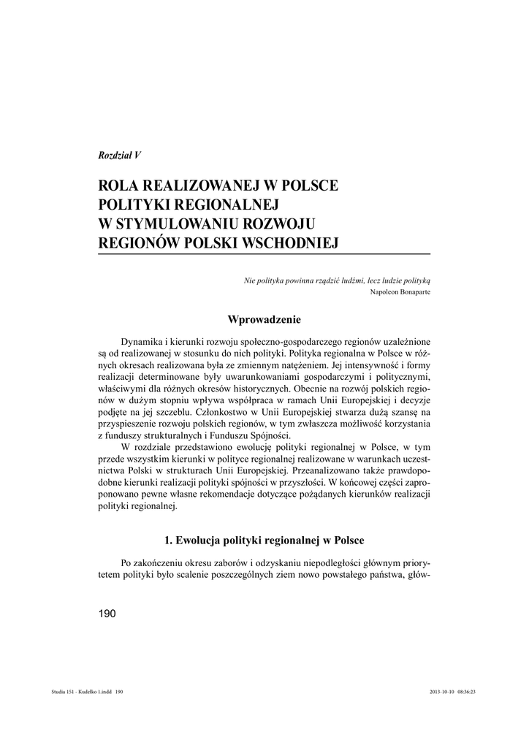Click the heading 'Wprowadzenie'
264,319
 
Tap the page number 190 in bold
107,614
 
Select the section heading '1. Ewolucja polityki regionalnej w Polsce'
264,541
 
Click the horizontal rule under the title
264,253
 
